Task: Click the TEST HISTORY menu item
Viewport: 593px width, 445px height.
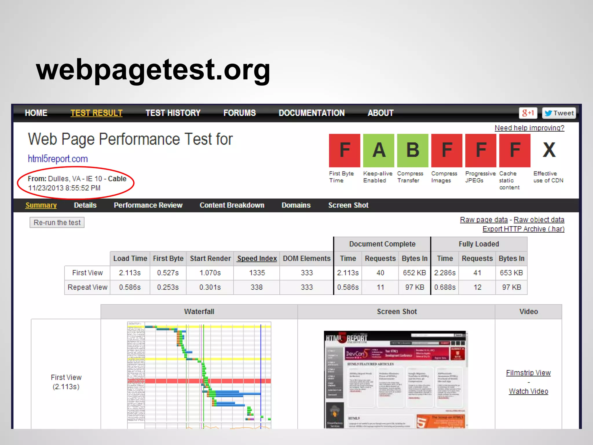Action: pos(173,113)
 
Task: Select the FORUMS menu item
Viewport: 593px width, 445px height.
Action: pos(239,113)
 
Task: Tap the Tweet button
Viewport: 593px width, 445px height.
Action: pos(559,113)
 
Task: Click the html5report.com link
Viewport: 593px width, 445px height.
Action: pos(58,159)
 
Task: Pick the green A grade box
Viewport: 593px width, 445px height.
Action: pos(378,150)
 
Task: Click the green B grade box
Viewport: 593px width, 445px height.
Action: pos(413,150)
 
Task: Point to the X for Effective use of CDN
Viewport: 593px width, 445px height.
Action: pos(549,150)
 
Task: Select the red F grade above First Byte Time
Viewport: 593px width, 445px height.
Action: pos(345,150)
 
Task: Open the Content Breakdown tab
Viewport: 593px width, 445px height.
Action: pos(232,205)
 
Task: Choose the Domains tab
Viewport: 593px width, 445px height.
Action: pos(296,205)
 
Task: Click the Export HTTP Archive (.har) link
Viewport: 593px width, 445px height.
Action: pos(523,229)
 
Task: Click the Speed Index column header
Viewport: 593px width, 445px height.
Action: pos(257,258)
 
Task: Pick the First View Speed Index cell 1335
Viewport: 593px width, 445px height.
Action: pos(257,273)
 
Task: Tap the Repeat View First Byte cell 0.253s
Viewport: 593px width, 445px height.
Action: pos(168,287)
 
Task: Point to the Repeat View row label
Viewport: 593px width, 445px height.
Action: pos(87,287)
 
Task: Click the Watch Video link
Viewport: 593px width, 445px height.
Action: pos(528,391)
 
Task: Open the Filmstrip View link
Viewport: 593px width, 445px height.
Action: pos(528,373)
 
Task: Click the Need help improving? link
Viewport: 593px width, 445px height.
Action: pos(529,128)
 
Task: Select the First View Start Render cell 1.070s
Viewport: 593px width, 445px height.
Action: pos(210,273)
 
